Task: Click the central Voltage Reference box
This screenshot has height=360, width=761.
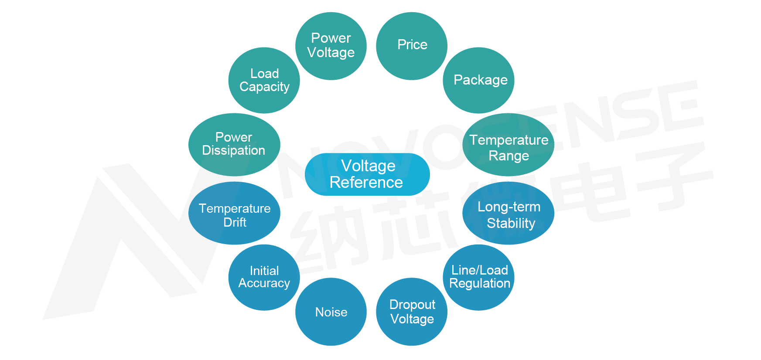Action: click(x=367, y=174)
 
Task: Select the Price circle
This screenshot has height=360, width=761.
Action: click(x=412, y=46)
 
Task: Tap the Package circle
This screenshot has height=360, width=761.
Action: click(x=478, y=80)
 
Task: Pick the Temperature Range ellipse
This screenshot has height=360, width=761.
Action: click(x=508, y=145)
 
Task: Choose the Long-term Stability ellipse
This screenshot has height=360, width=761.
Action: click(x=508, y=213)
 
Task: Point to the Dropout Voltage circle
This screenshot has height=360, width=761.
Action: click(x=412, y=312)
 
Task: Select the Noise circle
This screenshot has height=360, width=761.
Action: click(x=331, y=312)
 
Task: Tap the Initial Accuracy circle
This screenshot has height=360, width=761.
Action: click(x=264, y=277)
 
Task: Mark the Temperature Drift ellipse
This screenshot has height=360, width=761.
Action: click(x=234, y=213)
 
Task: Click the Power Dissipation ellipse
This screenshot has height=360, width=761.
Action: click(x=234, y=145)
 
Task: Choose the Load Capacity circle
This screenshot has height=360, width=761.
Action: click(x=264, y=80)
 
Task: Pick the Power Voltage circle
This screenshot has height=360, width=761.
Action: click(x=331, y=46)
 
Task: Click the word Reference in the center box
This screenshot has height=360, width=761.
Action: click(x=366, y=182)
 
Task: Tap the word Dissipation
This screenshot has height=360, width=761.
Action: click(x=234, y=150)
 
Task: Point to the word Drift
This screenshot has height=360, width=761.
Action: click(x=235, y=222)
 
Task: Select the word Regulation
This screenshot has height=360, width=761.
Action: click(x=480, y=283)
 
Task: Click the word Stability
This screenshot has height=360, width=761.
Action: click(x=511, y=223)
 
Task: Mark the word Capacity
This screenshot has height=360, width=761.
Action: click(x=264, y=87)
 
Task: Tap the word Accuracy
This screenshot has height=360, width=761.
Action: click(x=264, y=283)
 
